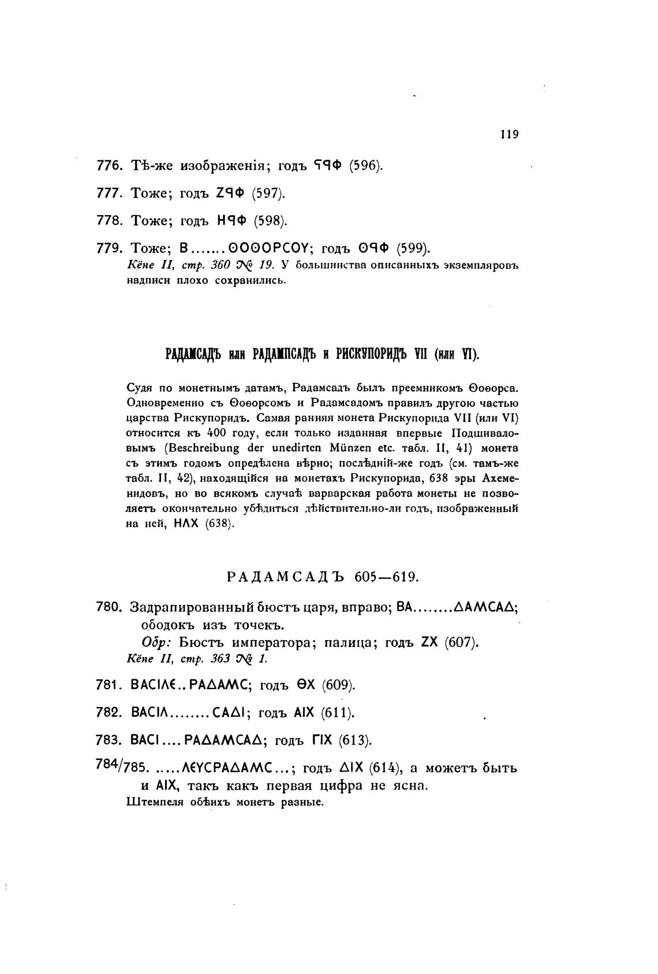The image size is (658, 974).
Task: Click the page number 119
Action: pyautogui.click(x=510, y=134)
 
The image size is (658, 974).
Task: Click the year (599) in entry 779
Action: pyautogui.click(x=413, y=249)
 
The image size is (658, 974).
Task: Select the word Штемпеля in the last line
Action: pyautogui.click(x=151, y=802)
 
